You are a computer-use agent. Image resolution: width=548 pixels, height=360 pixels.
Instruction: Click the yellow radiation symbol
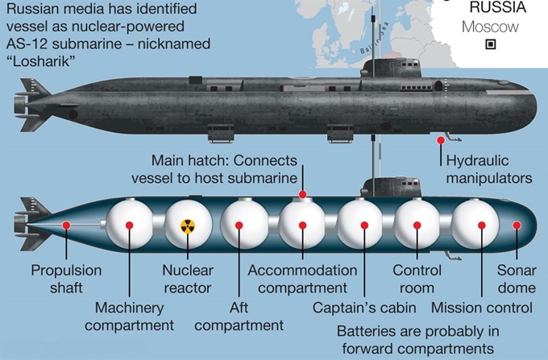pyautogui.click(x=188, y=226)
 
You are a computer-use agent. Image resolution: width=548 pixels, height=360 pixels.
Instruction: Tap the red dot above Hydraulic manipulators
pyautogui.click(x=441, y=140)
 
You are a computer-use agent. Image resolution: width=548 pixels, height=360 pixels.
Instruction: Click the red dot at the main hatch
pyautogui.click(x=303, y=194)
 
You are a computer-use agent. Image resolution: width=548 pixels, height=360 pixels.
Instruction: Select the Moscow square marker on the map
pyautogui.click(x=491, y=44)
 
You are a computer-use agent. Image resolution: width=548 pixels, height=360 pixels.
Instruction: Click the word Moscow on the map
pyautogui.click(x=490, y=27)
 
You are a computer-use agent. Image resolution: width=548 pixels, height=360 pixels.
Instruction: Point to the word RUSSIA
pyautogui.click(x=498, y=7)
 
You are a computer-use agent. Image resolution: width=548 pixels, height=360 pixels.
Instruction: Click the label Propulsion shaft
pyautogui.click(x=66, y=279)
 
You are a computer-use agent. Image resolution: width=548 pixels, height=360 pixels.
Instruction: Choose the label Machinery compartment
pyautogui.click(x=129, y=317)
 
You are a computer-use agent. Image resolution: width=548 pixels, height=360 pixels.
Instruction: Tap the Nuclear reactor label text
pyautogui.click(x=188, y=279)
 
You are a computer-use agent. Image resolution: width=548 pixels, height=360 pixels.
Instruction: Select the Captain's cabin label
pyautogui.click(x=364, y=308)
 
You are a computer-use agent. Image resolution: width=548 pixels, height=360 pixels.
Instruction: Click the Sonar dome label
pyautogui.click(x=517, y=279)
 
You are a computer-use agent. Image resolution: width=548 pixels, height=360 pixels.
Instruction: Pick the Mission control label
pyautogui.click(x=482, y=308)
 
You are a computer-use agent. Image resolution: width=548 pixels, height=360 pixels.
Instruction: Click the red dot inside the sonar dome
pyautogui.click(x=517, y=226)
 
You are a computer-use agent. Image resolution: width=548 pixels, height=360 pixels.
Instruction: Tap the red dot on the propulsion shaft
pyautogui.click(x=66, y=226)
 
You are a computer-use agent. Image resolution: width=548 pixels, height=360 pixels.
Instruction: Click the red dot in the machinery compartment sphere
pyautogui.click(x=129, y=226)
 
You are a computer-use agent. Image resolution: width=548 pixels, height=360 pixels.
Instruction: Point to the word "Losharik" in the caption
pyautogui.click(x=41, y=61)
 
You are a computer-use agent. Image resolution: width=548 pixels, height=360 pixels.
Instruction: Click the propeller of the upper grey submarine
pyautogui.click(x=20, y=106)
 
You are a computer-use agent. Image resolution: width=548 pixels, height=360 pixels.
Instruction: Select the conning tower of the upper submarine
pyautogui.click(x=391, y=68)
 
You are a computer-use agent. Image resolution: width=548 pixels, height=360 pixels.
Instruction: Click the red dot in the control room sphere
pyautogui.click(x=417, y=226)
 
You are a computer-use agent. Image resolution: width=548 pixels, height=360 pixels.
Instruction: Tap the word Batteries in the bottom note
pyautogui.click(x=367, y=331)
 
